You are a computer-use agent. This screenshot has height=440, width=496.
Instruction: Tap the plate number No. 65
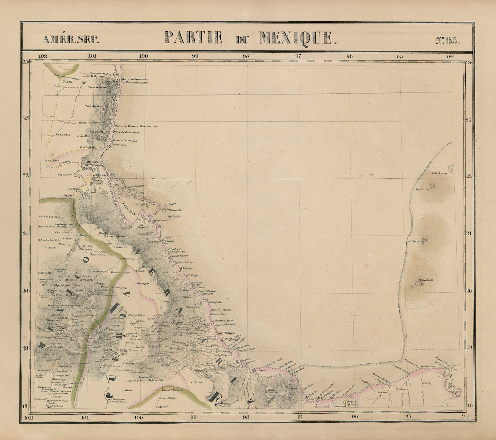click(x=447, y=40)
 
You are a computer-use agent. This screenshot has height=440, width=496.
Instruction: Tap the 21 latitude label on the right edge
click(x=469, y=233)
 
